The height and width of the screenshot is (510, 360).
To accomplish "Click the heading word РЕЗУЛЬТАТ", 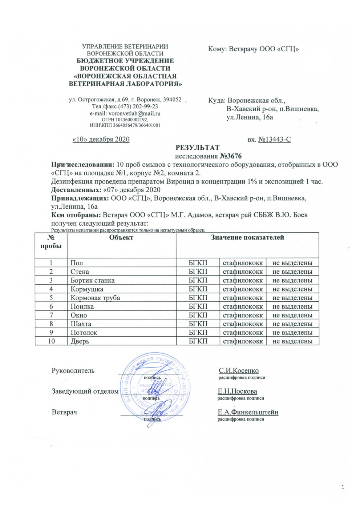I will (x=198, y=148).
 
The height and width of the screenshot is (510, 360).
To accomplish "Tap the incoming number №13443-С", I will (x=274, y=139).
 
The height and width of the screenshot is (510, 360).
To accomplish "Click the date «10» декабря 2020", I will (x=101, y=139).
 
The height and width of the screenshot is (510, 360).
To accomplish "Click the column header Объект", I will (x=121, y=238).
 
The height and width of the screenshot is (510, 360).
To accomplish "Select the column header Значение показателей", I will (x=247, y=238).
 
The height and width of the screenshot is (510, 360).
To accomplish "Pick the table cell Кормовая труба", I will (x=95, y=298).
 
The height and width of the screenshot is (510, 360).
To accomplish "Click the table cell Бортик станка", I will (x=92, y=280).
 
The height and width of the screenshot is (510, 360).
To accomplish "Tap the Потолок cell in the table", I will (x=84, y=332).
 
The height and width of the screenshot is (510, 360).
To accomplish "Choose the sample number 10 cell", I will (x=51, y=341).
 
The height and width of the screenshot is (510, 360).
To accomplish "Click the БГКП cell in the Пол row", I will (x=198, y=263).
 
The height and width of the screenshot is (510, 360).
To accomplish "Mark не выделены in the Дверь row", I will (x=292, y=341).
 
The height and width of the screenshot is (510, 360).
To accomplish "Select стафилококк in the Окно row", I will (x=243, y=315).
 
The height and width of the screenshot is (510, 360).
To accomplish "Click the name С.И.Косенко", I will (x=239, y=371).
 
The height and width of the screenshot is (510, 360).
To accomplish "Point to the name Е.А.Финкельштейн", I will (x=248, y=412).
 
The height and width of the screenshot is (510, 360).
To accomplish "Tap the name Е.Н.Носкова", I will (x=238, y=391).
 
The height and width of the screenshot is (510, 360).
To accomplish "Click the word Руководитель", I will (x=73, y=371).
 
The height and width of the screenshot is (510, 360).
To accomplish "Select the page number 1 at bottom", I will (x=343, y=487).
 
